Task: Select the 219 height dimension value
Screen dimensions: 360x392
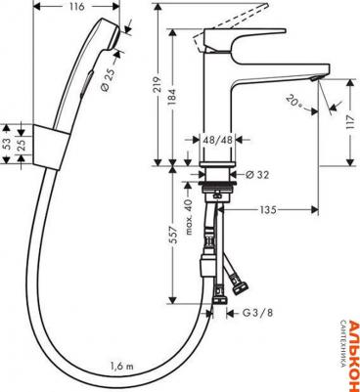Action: pos(157,85)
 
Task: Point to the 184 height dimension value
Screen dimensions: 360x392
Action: pos(172,97)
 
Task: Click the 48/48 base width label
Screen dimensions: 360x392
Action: pos(217,140)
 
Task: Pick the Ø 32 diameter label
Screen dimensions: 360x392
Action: pos(258,175)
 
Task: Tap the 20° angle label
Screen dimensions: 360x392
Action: pos(294,101)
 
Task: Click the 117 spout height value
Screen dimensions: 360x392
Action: pos(350,122)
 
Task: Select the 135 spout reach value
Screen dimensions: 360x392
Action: pos(268,210)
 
